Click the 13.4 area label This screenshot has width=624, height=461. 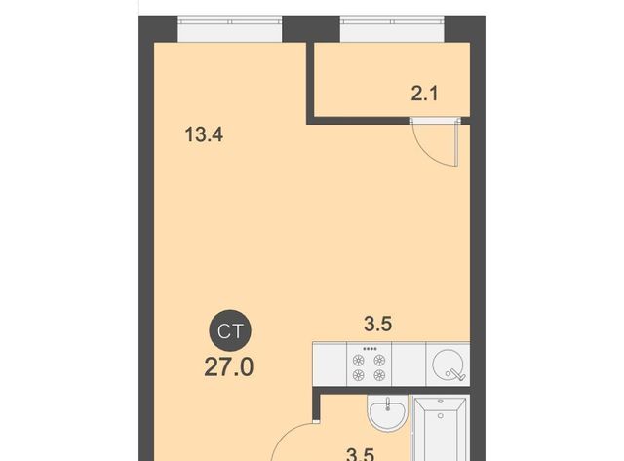pyautogui.click(x=204, y=134)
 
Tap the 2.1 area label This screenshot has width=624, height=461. pyautogui.click(x=425, y=95)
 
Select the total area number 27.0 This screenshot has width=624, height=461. pyautogui.click(x=229, y=366)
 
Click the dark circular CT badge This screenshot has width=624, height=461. pyautogui.click(x=230, y=330)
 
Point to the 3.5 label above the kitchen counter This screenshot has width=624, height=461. pyautogui.click(x=378, y=324)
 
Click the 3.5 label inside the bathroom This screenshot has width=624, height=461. pyautogui.click(x=361, y=454)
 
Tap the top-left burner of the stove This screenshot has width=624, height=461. pyautogui.click(x=359, y=361)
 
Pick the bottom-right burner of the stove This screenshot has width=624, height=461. pyautogui.click(x=379, y=374)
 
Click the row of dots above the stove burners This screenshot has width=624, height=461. pyautogui.click(x=370, y=349)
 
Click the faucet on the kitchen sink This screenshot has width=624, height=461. pyautogui.click(x=455, y=374)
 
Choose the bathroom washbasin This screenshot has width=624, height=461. pyautogui.click(x=387, y=412)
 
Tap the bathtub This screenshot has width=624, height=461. pyautogui.click(x=440, y=429)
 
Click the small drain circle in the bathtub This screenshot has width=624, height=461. pyautogui.click(x=440, y=415)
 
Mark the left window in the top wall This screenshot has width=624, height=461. pyautogui.click(x=230, y=29)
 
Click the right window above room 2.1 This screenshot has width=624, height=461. pyautogui.click(x=392, y=29)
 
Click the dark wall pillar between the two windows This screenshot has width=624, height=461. pyautogui.click(x=311, y=29)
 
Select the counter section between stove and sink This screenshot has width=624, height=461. pyautogui.click(x=409, y=364)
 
